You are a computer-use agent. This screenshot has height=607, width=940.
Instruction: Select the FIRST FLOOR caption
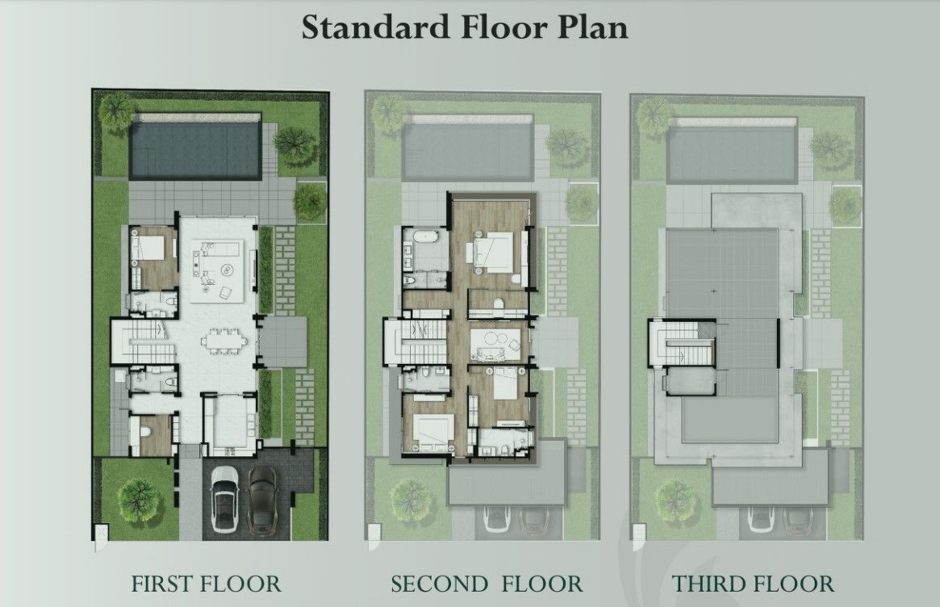[206, 584]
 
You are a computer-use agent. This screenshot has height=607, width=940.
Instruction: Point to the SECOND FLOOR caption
[487, 584]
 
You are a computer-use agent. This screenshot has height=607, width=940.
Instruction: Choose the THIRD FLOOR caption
[752, 584]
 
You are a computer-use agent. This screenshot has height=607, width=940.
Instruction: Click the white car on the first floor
[224, 494]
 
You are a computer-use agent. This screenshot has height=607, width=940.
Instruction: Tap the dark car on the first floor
[261, 494]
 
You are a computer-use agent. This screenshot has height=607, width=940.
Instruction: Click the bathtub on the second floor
[426, 237]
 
